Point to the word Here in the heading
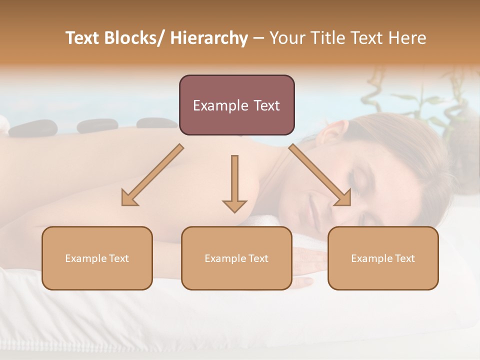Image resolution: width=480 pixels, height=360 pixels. click(407, 38)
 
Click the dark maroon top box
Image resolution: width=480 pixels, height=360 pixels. click(236, 105)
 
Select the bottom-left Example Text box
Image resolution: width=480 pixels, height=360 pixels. click(97, 258)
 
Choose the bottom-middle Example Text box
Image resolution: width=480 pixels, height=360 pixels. click(236, 258)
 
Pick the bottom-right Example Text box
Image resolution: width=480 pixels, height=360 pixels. click(383, 258)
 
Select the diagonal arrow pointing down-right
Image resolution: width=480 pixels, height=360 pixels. click(320, 175)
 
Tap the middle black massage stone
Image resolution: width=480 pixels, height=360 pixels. click(97, 125)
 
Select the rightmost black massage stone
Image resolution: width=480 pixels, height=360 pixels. click(156, 122)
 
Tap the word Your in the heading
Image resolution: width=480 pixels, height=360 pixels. click(287, 38)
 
